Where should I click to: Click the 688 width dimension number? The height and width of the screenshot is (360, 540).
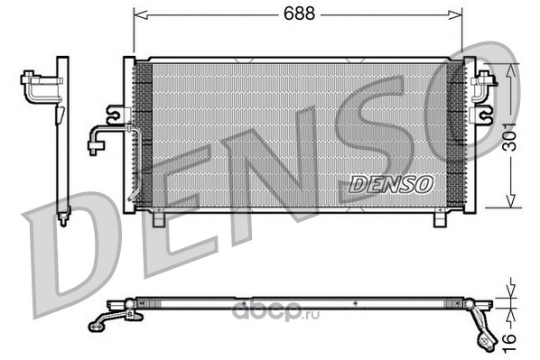pos(299,14)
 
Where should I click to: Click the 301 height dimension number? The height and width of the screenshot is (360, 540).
pos(509,136)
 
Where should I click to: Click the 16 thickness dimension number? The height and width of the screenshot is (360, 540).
pos(509,343)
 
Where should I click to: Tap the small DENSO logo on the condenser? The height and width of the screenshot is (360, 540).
pos(390,184)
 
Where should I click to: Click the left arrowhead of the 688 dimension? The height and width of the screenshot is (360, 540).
pos(141,15)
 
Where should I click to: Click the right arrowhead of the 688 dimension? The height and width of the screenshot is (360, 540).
pos(454,15)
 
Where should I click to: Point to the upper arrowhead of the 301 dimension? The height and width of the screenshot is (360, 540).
pos(511,71)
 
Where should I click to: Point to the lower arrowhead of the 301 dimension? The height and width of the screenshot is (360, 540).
pos(511,200)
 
